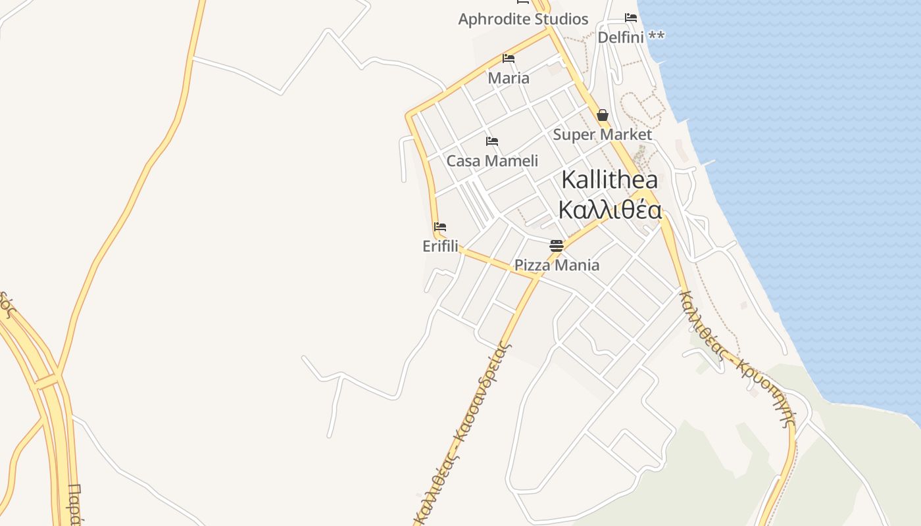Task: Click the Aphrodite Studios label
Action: tap(523, 19)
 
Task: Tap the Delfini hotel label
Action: tap(620, 37)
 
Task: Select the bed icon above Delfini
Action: tap(631, 18)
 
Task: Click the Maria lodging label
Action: tap(509, 78)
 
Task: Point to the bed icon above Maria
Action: tap(509, 59)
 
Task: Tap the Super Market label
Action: tap(603, 135)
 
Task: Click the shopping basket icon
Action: tap(603, 116)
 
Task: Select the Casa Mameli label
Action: tap(492, 161)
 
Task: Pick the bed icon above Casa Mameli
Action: tap(492, 141)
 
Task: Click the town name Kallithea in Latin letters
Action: tap(609, 180)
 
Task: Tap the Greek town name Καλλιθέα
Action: tap(609, 209)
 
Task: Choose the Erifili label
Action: tap(440, 247)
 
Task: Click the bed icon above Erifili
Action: tap(440, 227)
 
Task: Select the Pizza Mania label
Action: tap(557, 265)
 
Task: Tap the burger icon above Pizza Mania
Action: tap(557, 246)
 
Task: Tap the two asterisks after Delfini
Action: tap(656, 36)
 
